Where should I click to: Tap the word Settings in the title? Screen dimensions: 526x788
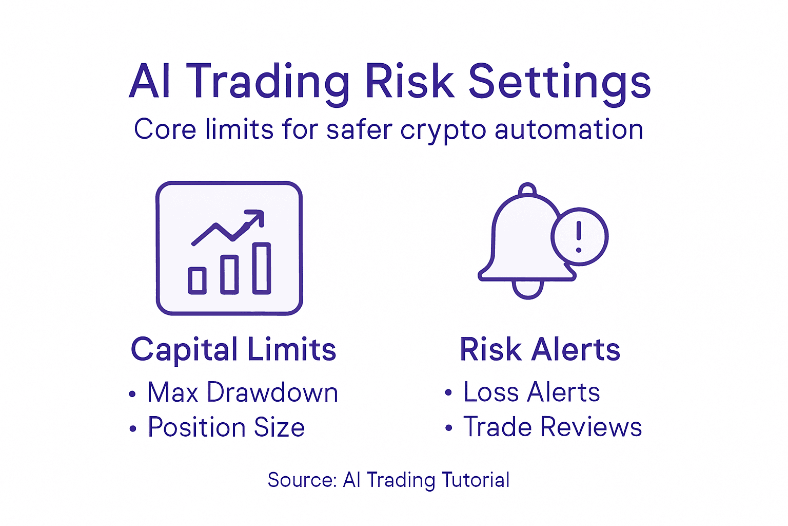pyautogui.click(x=560, y=82)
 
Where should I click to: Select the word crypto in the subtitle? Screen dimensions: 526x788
pyautogui.click(x=443, y=129)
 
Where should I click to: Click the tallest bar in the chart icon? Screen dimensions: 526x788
pyautogui.click(x=262, y=268)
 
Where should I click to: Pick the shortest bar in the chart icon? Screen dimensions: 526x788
pyautogui.click(x=197, y=280)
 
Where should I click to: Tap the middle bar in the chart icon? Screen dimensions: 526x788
pyautogui.click(x=229, y=274)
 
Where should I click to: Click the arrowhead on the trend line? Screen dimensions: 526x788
pyautogui.click(x=257, y=217)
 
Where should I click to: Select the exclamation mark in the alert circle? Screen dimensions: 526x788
pyautogui.click(x=579, y=236)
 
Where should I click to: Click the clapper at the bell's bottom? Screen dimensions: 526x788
pyautogui.click(x=527, y=290)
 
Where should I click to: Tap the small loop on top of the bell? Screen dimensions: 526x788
pyautogui.click(x=527, y=189)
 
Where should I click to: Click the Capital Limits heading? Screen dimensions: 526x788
pyautogui.click(x=233, y=350)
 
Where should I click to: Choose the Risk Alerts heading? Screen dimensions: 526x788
pyautogui.click(x=540, y=350)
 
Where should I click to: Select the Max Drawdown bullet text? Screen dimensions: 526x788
pyautogui.click(x=243, y=392)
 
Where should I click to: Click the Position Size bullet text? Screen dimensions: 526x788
pyautogui.click(x=226, y=427)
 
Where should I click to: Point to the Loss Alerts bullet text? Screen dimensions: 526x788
pyautogui.click(x=531, y=392)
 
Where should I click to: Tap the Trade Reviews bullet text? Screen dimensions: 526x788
pyautogui.click(x=553, y=427)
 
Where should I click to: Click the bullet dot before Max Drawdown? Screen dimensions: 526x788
pyautogui.click(x=133, y=394)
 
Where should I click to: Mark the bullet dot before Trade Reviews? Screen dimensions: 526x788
pyautogui.click(x=449, y=428)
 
